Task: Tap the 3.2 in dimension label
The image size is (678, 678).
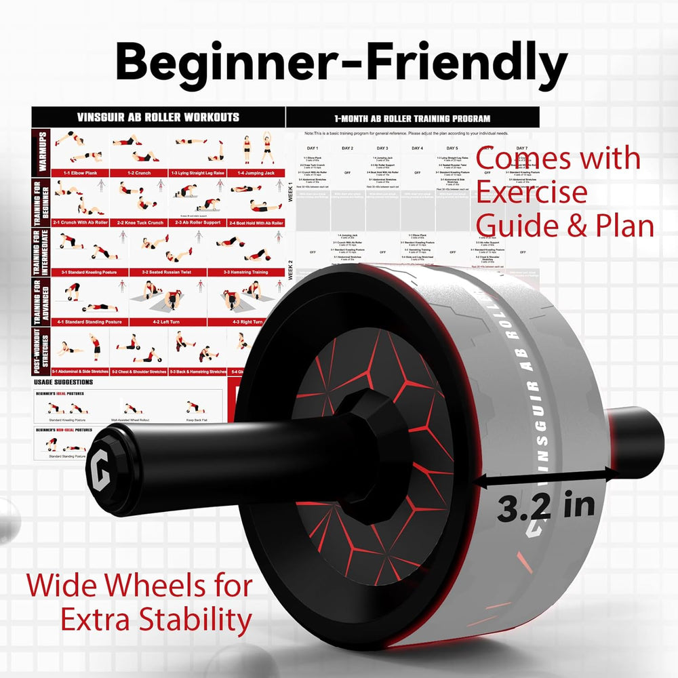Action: click(546, 506)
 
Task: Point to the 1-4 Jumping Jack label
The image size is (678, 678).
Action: click(256, 173)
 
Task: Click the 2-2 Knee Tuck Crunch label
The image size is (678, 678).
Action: click(141, 222)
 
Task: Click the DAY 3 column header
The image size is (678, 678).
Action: click(382, 148)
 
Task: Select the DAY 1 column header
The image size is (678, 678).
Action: click(312, 148)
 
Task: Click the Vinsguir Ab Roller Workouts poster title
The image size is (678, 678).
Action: click(158, 117)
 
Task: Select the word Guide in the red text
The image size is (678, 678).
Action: click(511, 224)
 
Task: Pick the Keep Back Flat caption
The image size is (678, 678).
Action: click(197, 421)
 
